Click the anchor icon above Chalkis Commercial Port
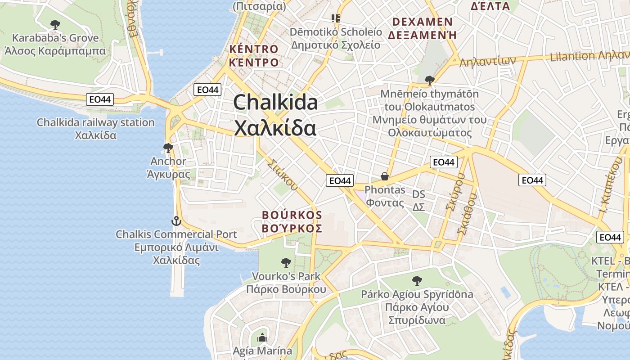pos(176,221)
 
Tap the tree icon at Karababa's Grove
pos(55,24)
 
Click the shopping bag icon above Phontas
pos(384,176)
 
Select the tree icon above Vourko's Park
pos(286,262)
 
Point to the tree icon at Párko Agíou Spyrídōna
pos(417,281)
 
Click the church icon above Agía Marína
pos(262,337)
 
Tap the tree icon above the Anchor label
pos(168,148)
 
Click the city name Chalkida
pos(275,103)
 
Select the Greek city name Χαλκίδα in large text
pos(275,128)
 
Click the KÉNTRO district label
pos(254,49)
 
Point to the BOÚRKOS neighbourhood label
pos(292,215)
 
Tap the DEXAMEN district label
pos(423,22)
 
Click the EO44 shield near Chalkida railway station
pos(100,99)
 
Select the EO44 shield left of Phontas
pos(339,180)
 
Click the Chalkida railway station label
pos(95,122)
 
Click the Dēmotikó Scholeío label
pos(336,32)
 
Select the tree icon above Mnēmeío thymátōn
pos(429,81)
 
